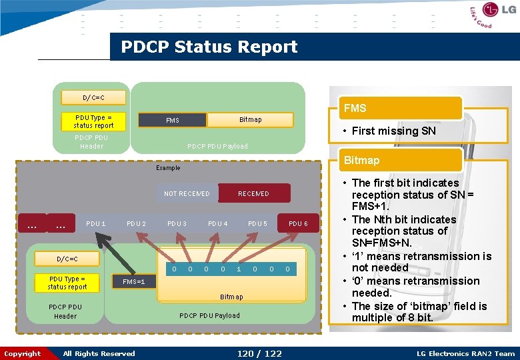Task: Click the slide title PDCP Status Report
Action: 209,47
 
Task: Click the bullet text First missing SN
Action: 393,131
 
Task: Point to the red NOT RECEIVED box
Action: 187,193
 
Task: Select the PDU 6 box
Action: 298,223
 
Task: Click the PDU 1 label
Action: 96,223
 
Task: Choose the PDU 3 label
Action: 177,223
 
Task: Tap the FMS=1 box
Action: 133,282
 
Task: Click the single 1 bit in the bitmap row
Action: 239,269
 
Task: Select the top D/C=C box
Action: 93,98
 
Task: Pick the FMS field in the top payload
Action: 172,121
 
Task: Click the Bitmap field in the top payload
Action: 250,120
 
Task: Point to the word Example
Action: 168,168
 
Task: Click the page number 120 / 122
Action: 259,353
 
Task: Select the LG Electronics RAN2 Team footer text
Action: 465,353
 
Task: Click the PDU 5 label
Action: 257,223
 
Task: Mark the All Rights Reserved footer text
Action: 99,353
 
